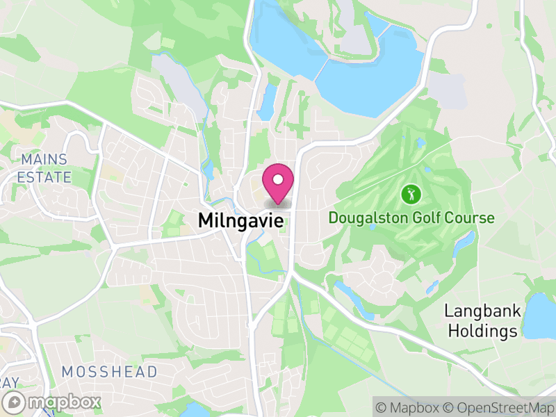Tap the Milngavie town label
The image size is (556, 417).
241,220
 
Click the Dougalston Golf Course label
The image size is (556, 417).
411,218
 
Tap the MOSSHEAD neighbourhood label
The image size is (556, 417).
109,372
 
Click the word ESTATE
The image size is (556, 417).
44,177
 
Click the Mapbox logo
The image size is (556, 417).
54,402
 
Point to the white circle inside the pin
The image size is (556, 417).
278,180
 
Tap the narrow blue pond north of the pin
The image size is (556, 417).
266,101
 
